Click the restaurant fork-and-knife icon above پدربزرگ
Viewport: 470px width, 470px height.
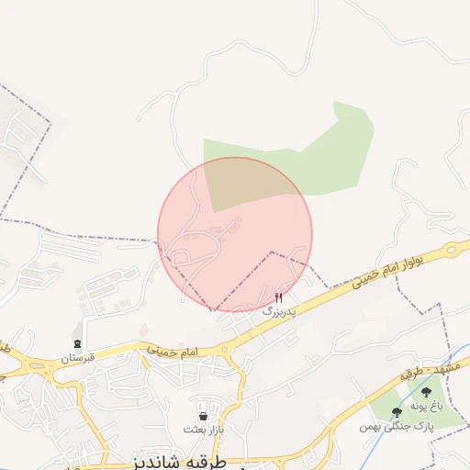pyautogui.click(x=279, y=297)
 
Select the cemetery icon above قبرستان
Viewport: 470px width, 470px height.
pyautogui.click(x=76, y=344)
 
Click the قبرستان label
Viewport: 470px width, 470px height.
pyautogui.click(x=77, y=358)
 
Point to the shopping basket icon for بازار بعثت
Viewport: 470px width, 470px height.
pyautogui.click(x=202, y=416)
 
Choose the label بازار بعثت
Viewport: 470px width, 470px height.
pyautogui.click(x=203, y=430)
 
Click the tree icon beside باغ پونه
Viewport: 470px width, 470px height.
pyautogui.click(x=425, y=392)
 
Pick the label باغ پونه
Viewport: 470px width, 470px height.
pyautogui.click(x=427, y=405)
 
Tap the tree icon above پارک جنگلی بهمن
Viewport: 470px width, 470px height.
pyautogui.click(x=397, y=413)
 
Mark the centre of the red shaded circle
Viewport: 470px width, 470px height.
pyautogui.click(x=235, y=234)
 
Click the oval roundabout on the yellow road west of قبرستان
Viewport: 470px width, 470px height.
pyautogui.click(x=37, y=365)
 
